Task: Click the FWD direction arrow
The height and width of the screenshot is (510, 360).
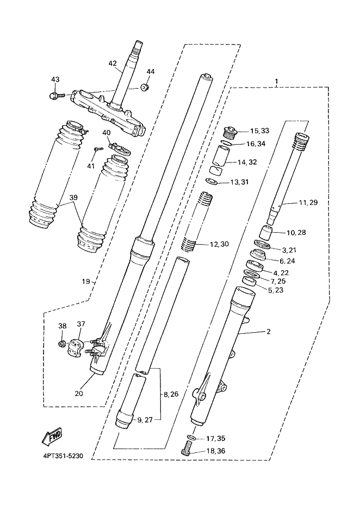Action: [x=52, y=437]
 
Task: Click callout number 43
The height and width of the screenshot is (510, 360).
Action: [x=55, y=79]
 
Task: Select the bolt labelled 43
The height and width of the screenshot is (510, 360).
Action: [x=57, y=96]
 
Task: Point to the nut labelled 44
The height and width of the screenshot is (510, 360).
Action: [x=145, y=87]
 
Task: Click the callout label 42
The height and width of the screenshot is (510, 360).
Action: [x=113, y=64]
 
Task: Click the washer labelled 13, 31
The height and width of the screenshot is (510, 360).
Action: [x=212, y=181]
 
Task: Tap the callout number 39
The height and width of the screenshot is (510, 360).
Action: [x=73, y=197]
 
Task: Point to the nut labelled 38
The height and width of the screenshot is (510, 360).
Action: [x=62, y=343]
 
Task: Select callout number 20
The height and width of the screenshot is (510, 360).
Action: [x=79, y=393]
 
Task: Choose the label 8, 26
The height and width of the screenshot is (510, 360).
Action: [x=171, y=394]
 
